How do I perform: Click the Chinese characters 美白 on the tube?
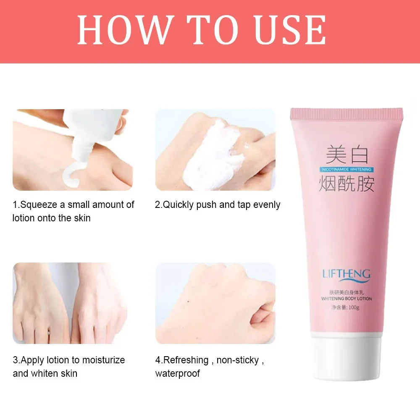pyautogui.click(x=347, y=155)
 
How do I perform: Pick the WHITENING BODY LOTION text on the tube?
pyautogui.click(x=346, y=299)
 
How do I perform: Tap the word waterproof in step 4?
pyautogui.click(x=178, y=373)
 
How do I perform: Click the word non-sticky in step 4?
pyautogui.click(x=239, y=360)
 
